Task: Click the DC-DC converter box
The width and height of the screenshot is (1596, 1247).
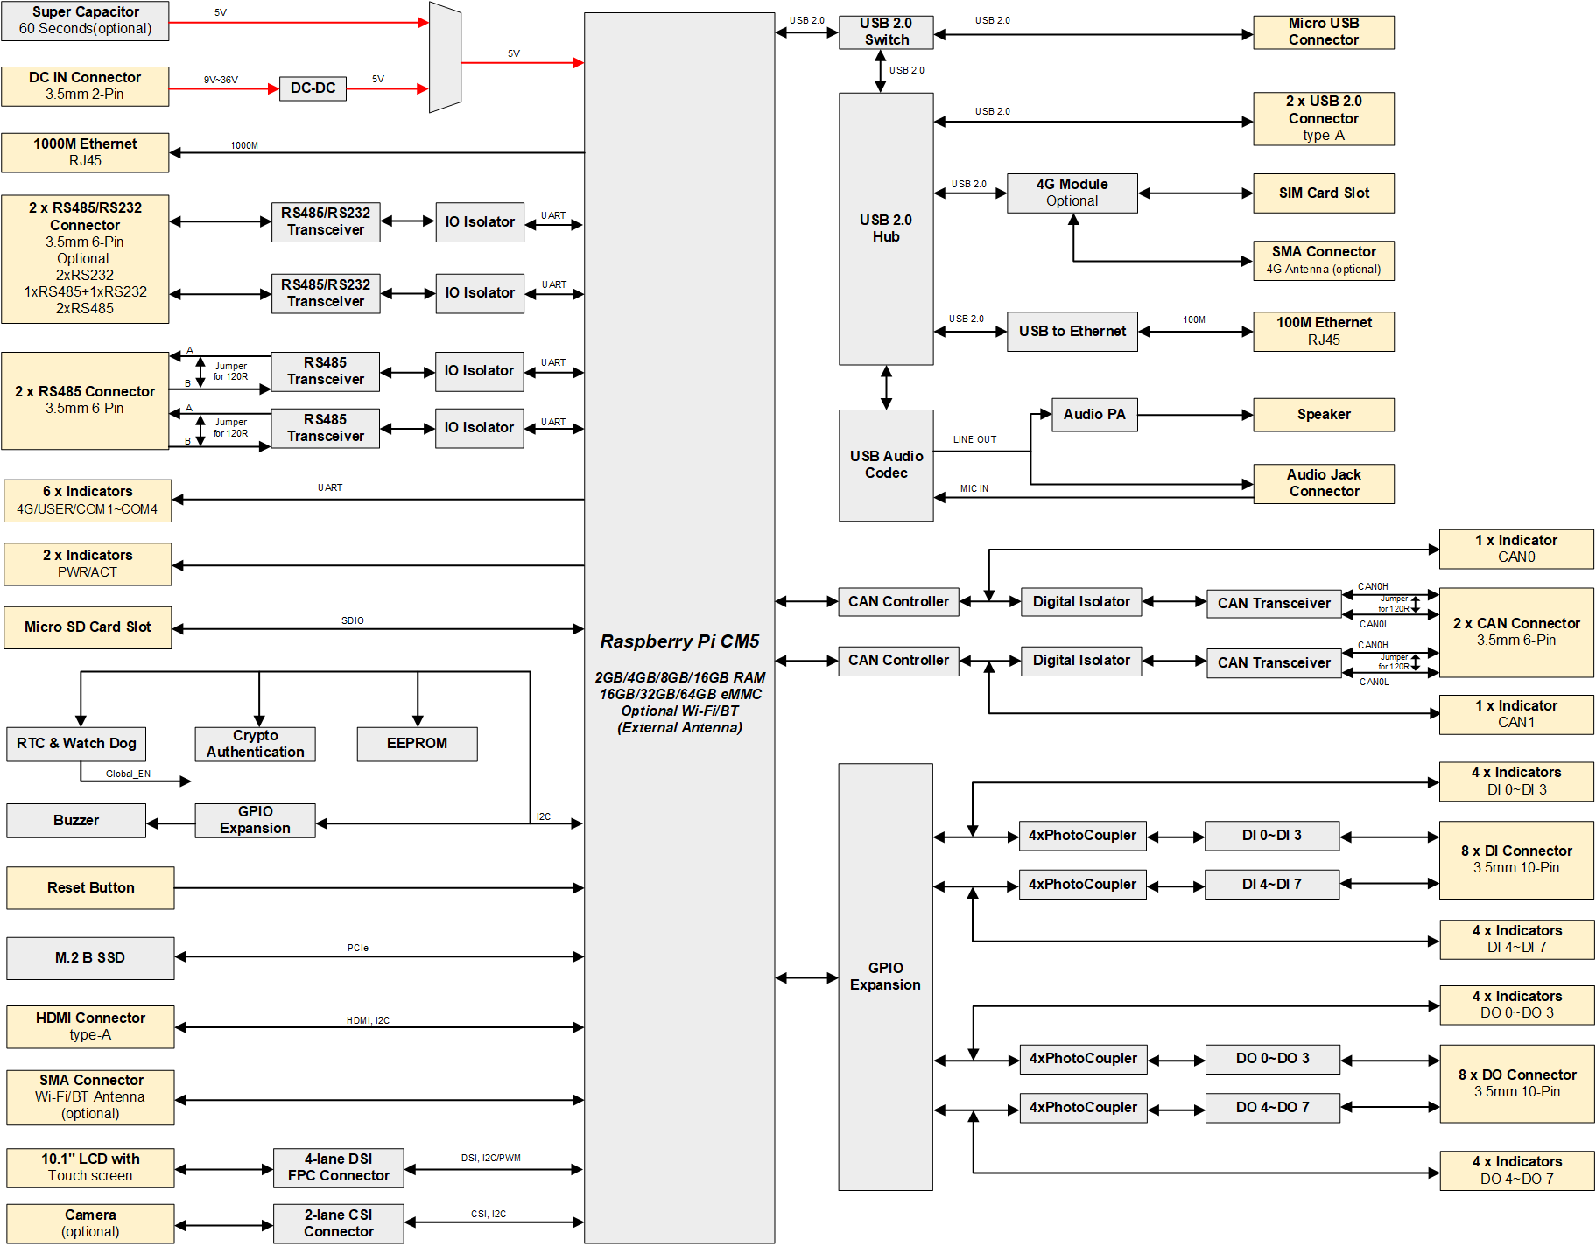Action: point(313,88)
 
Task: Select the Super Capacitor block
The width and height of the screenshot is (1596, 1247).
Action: point(85,20)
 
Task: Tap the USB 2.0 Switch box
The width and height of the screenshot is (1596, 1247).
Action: point(886,32)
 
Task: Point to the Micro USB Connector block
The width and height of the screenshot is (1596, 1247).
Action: point(1323,32)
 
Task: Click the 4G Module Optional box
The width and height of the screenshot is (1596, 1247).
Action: point(1072,193)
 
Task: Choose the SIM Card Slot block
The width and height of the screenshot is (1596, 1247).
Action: point(1323,193)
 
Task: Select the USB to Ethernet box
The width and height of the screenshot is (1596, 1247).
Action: point(1072,332)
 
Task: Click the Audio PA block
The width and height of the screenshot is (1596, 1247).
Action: point(1093,415)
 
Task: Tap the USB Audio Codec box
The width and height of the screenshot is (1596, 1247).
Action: point(886,465)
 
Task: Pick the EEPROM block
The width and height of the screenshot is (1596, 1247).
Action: point(417,744)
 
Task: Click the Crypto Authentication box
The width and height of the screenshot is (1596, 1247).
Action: point(255,744)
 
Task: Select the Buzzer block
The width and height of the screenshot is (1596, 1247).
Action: point(76,821)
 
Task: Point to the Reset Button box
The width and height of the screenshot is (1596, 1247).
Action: point(90,888)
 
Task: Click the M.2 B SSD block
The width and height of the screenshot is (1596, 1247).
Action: point(90,958)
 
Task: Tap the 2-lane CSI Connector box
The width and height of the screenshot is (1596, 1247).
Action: point(338,1223)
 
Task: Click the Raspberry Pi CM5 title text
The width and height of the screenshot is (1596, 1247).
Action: point(679,641)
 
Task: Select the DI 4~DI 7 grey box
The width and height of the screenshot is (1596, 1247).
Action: point(1271,885)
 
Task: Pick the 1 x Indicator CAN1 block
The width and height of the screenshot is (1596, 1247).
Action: point(1515,714)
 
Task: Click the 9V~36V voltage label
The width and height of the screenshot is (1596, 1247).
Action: point(221,80)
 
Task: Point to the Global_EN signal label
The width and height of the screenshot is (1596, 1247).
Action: point(128,774)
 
